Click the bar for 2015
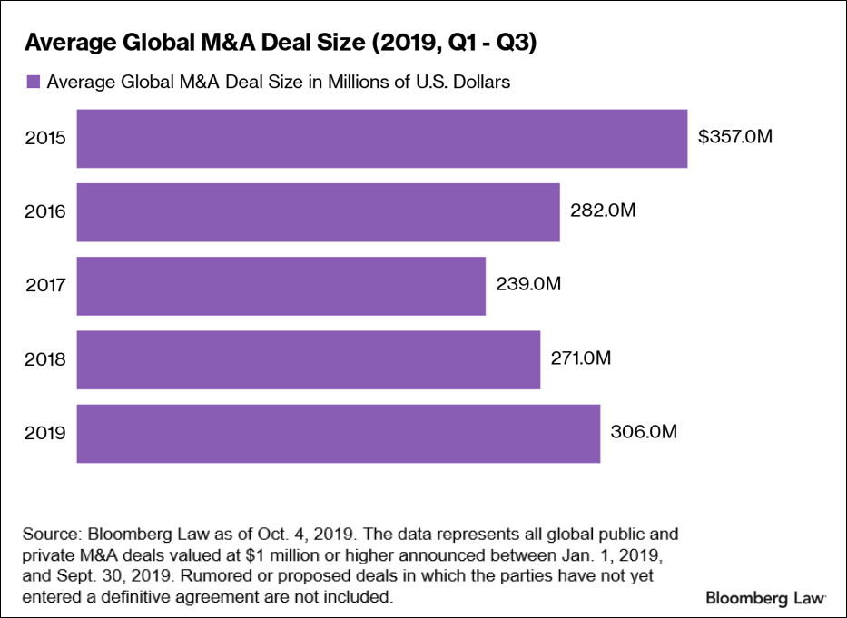click(x=381, y=139)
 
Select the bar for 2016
click(x=318, y=212)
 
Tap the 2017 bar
click(x=281, y=286)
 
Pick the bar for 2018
click(x=308, y=359)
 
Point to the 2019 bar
click(x=338, y=433)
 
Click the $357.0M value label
click(x=735, y=137)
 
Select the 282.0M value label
click(x=602, y=211)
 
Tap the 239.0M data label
click(x=528, y=284)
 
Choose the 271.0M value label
click(x=581, y=358)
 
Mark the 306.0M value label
click(x=643, y=431)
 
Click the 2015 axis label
click(x=46, y=139)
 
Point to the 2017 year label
click(x=46, y=286)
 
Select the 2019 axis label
click(x=46, y=433)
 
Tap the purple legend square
click(x=34, y=82)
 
